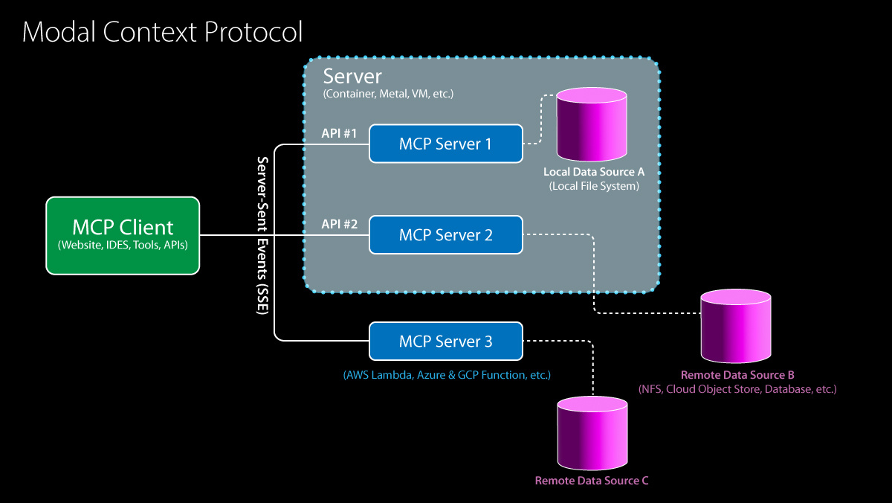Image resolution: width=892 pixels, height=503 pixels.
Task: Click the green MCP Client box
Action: [x=123, y=234]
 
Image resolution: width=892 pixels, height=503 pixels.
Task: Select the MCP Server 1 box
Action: [x=445, y=144]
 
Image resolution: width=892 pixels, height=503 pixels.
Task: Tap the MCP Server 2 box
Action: [x=445, y=235]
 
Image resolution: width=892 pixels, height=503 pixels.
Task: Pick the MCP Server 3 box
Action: [x=445, y=342]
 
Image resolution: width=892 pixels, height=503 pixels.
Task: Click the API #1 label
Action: [x=339, y=133]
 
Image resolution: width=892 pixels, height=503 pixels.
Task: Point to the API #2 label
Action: [x=339, y=223]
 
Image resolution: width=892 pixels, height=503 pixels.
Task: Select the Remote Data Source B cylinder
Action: [x=736, y=324]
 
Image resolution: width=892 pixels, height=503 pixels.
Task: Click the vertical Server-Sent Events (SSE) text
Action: [x=262, y=236]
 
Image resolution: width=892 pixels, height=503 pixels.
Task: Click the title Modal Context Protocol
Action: [x=163, y=32]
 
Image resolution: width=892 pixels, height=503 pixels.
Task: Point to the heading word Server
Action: [x=352, y=77]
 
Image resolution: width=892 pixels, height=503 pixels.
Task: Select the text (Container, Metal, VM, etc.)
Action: [x=388, y=94]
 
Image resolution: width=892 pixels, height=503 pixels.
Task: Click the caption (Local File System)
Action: [x=594, y=186]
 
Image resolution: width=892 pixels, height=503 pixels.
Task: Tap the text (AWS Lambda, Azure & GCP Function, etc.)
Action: [x=446, y=375]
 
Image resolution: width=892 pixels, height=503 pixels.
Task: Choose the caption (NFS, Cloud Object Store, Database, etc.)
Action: [x=737, y=389]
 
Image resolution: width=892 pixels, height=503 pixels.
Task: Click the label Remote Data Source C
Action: [x=592, y=481]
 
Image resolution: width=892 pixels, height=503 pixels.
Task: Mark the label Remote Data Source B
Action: [x=737, y=374]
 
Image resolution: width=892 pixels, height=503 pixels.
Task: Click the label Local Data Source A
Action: [x=594, y=172]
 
